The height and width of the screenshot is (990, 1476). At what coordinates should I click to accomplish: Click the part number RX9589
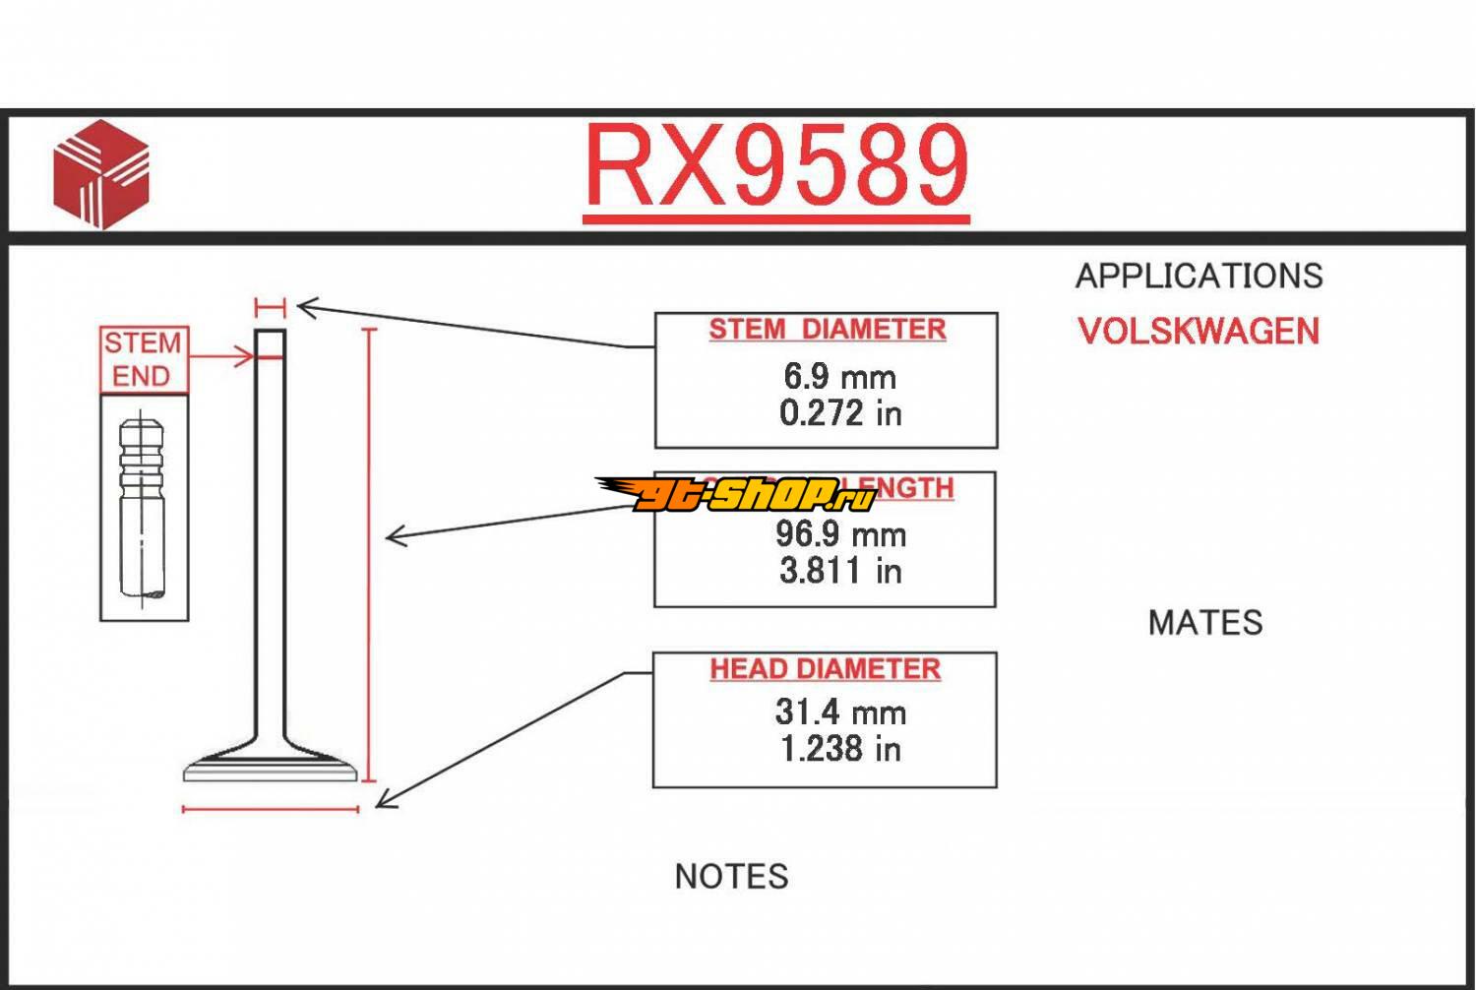pos(776,167)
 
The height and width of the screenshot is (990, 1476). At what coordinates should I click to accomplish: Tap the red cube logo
pos(101,174)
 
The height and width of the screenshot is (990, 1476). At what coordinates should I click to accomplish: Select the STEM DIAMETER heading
pos(827,329)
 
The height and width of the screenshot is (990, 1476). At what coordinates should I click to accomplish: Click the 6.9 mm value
pos(839,376)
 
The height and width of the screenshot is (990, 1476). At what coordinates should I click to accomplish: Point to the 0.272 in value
pos(839,413)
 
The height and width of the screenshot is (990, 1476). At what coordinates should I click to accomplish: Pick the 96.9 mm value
pos(839,533)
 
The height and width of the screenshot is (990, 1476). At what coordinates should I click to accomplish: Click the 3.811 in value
pos(839,571)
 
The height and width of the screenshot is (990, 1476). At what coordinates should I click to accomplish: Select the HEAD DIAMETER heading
pos(825,669)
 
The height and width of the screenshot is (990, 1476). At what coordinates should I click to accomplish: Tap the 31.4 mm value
pos(839,712)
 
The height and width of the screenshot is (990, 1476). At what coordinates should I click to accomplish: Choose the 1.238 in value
pos(839,749)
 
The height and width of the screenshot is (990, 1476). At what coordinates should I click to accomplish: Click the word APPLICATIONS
pos(1199,277)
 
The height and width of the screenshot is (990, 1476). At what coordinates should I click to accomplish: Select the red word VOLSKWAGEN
pos(1199,332)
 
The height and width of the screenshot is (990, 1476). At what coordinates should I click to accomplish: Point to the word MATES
pos(1204,623)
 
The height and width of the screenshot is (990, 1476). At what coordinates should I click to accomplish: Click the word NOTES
pos(731,877)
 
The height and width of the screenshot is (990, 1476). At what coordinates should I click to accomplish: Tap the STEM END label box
pos(143,359)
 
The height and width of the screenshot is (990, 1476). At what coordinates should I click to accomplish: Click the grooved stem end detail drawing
pos(143,509)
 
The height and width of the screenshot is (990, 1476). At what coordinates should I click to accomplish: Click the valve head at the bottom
pos(271,766)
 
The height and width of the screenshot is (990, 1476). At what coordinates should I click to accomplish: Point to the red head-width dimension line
pos(271,810)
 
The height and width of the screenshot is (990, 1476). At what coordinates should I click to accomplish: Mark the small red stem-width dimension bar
pos(270,307)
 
